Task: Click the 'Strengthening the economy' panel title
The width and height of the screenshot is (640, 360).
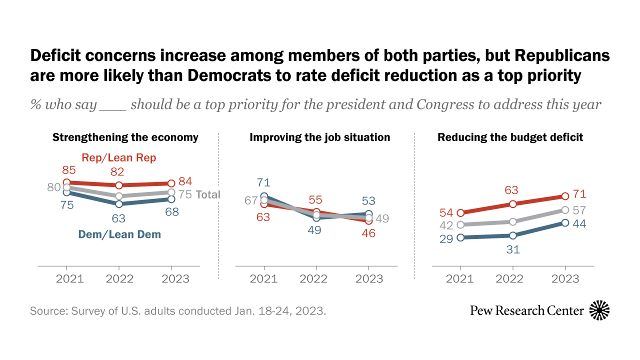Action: (x=125, y=137)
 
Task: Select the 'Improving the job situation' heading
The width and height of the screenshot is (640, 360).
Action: (x=320, y=137)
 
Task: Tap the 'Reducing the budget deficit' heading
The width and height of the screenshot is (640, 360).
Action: (x=510, y=137)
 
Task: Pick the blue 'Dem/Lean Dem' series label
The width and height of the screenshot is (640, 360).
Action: (x=120, y=233)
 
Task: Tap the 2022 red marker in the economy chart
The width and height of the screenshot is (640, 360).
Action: (x=118, y=185)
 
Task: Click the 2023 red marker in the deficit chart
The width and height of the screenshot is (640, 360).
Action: (x=565, y=196)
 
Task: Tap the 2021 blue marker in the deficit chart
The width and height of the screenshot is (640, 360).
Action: (x=460, y=237)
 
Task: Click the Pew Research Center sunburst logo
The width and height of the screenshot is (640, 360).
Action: (x=599, y=310)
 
